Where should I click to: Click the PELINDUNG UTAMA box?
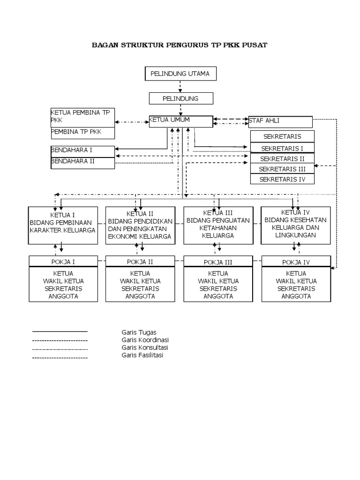point(180,74)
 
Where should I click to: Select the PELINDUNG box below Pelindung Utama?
point(181,98)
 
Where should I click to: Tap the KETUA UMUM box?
point(181,121)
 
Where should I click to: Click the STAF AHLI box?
point(280,122)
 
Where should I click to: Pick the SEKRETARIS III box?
point(282,169)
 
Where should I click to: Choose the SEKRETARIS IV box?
point(282,179)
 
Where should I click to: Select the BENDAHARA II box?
point(82,163)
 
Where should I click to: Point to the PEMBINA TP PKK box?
point(82,133)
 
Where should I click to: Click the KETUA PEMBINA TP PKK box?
point(82,118)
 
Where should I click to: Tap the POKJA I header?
point(63,262)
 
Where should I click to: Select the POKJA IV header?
point(296,262)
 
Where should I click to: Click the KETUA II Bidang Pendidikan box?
point(141,225)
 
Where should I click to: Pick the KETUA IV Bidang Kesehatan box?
point(296,225)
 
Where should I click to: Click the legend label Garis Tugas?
point(139,332)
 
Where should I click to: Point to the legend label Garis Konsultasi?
point(145,347)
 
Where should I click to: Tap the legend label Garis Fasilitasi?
point(142,355)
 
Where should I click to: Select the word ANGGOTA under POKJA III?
point(218,296)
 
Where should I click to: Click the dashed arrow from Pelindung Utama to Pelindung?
point(180,87)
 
